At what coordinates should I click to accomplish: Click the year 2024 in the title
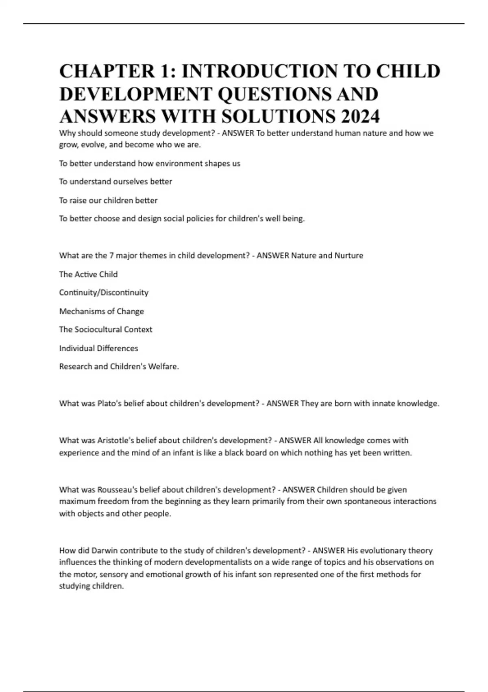(x=360, y=117)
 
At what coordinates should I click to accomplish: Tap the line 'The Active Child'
(x=88, y=274)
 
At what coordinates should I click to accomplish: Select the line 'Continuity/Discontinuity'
(x=104, y=293)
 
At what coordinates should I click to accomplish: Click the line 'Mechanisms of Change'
(x=102, y=311)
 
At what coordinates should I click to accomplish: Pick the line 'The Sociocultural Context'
(x=106, y=329)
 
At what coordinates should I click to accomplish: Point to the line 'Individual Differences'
(x=98, y=348)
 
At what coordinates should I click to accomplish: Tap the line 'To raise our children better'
(x=108, y=200)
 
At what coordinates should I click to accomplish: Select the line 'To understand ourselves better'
(x=115, y=182)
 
